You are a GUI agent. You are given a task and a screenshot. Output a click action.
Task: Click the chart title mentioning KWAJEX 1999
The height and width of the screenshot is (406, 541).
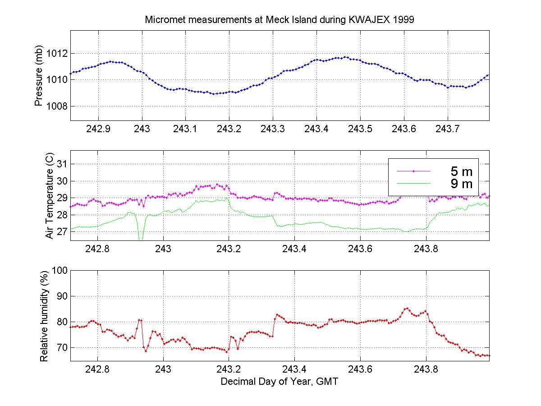click(283, 20)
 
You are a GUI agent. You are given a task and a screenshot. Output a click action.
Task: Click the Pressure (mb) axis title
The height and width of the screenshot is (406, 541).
click(39, 76)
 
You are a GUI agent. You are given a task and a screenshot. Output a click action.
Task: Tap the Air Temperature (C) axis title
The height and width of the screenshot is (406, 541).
click(50, 196)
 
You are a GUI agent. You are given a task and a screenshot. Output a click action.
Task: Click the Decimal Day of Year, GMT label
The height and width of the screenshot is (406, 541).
click(280, 382)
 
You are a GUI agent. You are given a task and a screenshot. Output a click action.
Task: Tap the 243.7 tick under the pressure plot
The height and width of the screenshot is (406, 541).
click(447, 129)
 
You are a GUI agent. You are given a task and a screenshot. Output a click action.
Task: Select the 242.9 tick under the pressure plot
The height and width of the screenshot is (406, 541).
click(98, 129)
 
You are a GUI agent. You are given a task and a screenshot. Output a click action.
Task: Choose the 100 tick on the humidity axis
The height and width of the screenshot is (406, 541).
click(60, 270)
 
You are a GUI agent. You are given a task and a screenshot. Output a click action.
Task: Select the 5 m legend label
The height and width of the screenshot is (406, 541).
click(461, 171)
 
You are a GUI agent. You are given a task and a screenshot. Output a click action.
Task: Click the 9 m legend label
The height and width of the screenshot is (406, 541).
click(461, 184)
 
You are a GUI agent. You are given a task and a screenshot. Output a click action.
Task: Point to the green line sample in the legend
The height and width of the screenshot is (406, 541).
click(413, 184)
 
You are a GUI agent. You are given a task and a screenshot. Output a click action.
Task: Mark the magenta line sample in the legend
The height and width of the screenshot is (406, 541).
click(413, 171)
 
